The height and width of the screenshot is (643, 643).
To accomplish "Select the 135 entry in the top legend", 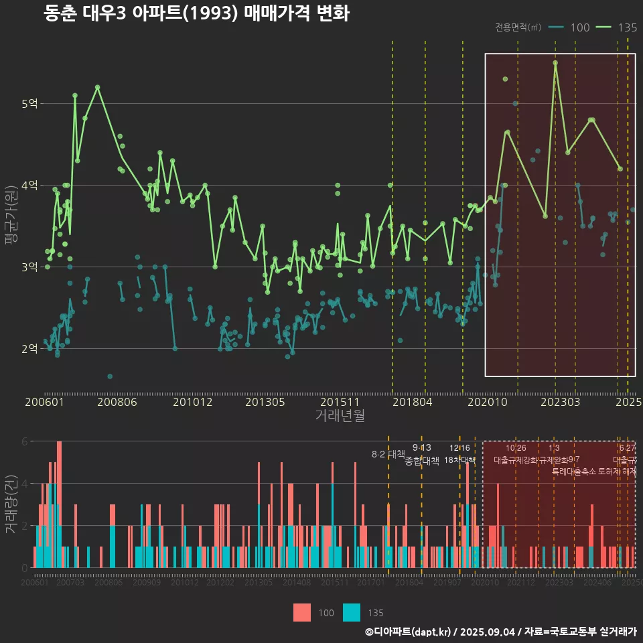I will pos(627,27).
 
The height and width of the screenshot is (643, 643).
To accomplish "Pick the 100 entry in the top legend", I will pos(579,27).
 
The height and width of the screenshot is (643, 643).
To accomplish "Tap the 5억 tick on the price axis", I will pos(30,104).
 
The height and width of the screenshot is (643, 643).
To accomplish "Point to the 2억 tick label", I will pos(30,349).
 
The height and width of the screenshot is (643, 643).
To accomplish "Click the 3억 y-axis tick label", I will pos(30,267).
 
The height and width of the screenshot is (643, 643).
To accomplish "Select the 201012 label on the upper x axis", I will pos(192,403).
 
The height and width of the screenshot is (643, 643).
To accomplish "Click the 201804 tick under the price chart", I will pos(411,403).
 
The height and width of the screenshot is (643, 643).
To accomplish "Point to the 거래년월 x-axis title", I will pos(340,416).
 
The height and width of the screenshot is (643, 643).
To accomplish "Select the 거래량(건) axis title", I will pos(11,504).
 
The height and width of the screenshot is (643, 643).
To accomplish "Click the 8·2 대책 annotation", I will pos(388,454).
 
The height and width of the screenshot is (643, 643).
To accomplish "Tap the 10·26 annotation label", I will pos(516,448).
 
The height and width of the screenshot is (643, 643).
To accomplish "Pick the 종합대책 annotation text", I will pos(422,461).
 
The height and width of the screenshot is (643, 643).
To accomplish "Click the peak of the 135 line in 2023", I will pos(555,62).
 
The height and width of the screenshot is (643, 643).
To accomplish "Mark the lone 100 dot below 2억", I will pos(110,376).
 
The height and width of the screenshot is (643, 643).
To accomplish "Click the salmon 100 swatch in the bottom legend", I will pos(302,613).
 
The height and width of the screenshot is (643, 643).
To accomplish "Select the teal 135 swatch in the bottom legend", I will pos(352,613).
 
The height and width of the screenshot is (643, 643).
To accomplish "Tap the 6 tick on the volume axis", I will pos(24,441).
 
